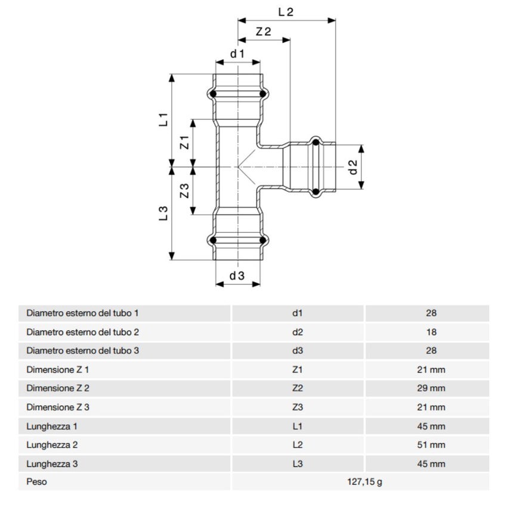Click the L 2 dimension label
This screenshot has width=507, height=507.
[x=286, y=12]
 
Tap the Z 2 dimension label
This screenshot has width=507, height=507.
[x=263, y=32]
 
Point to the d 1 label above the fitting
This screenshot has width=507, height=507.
[x=238, y=54]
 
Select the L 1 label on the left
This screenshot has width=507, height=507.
[x=163, y=119]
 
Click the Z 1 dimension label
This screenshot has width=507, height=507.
[x=184, y=143]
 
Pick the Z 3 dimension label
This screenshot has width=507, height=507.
[x=184, y=191]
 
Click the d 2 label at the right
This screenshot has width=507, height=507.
[x=353, y=168]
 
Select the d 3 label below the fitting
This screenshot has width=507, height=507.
[x=237, y=276]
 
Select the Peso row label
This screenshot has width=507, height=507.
[x=36, y=482]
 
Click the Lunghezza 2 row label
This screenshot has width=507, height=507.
[x=52, y=444]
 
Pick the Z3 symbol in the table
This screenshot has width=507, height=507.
[x=298, y=407]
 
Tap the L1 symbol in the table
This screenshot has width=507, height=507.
[x=298, y=426]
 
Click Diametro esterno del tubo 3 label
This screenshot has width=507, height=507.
[x=82, y=351]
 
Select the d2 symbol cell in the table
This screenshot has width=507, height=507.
[x=298, y=332]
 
